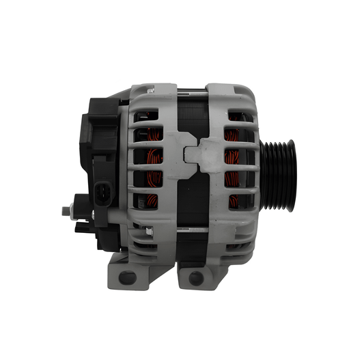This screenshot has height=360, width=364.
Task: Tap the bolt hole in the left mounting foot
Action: [128, 277]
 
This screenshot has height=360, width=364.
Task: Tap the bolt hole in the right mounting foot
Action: [196, 278]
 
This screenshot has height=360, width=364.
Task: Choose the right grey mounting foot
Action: [199, 273]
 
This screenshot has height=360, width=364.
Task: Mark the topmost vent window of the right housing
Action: [236, 117]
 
